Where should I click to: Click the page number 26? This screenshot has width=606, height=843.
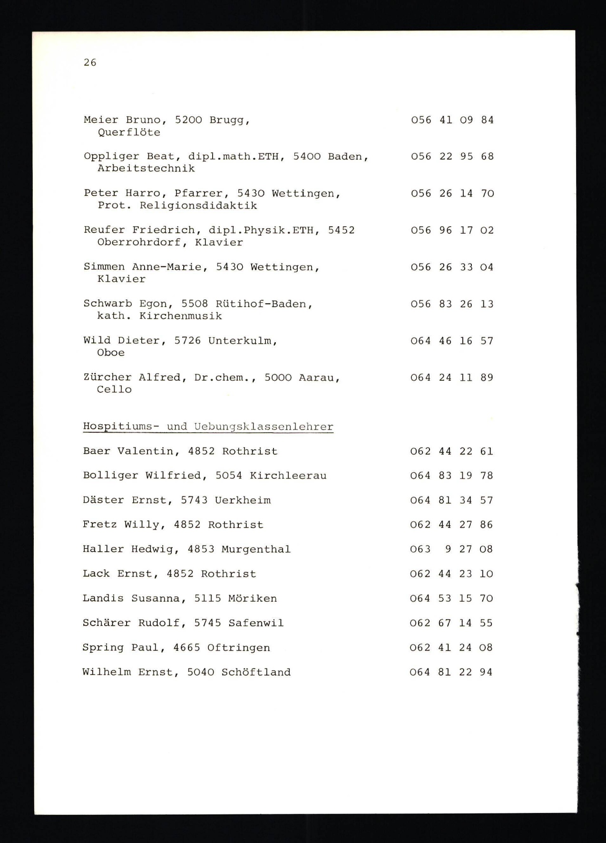point(90,62)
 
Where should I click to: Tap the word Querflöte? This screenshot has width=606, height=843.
point(129,132)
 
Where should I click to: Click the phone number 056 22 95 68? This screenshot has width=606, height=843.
point(452,157)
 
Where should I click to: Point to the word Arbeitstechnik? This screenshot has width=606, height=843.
point(146,169)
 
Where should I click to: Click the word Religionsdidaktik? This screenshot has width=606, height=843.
point(198,206)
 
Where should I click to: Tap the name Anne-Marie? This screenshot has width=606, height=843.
point(166,267)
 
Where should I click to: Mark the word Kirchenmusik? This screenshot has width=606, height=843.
point(181,316)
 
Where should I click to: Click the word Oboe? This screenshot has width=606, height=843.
point(111,353)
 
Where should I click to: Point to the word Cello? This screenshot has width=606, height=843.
point(114,389)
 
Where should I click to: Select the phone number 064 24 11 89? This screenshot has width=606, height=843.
point(451,377)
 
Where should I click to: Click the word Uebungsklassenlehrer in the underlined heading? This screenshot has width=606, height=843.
point(264,426)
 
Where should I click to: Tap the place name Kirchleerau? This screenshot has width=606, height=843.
point(288,476)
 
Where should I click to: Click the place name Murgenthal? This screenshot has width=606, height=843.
point(256,549)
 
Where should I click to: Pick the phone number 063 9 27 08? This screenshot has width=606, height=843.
point(451,549)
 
